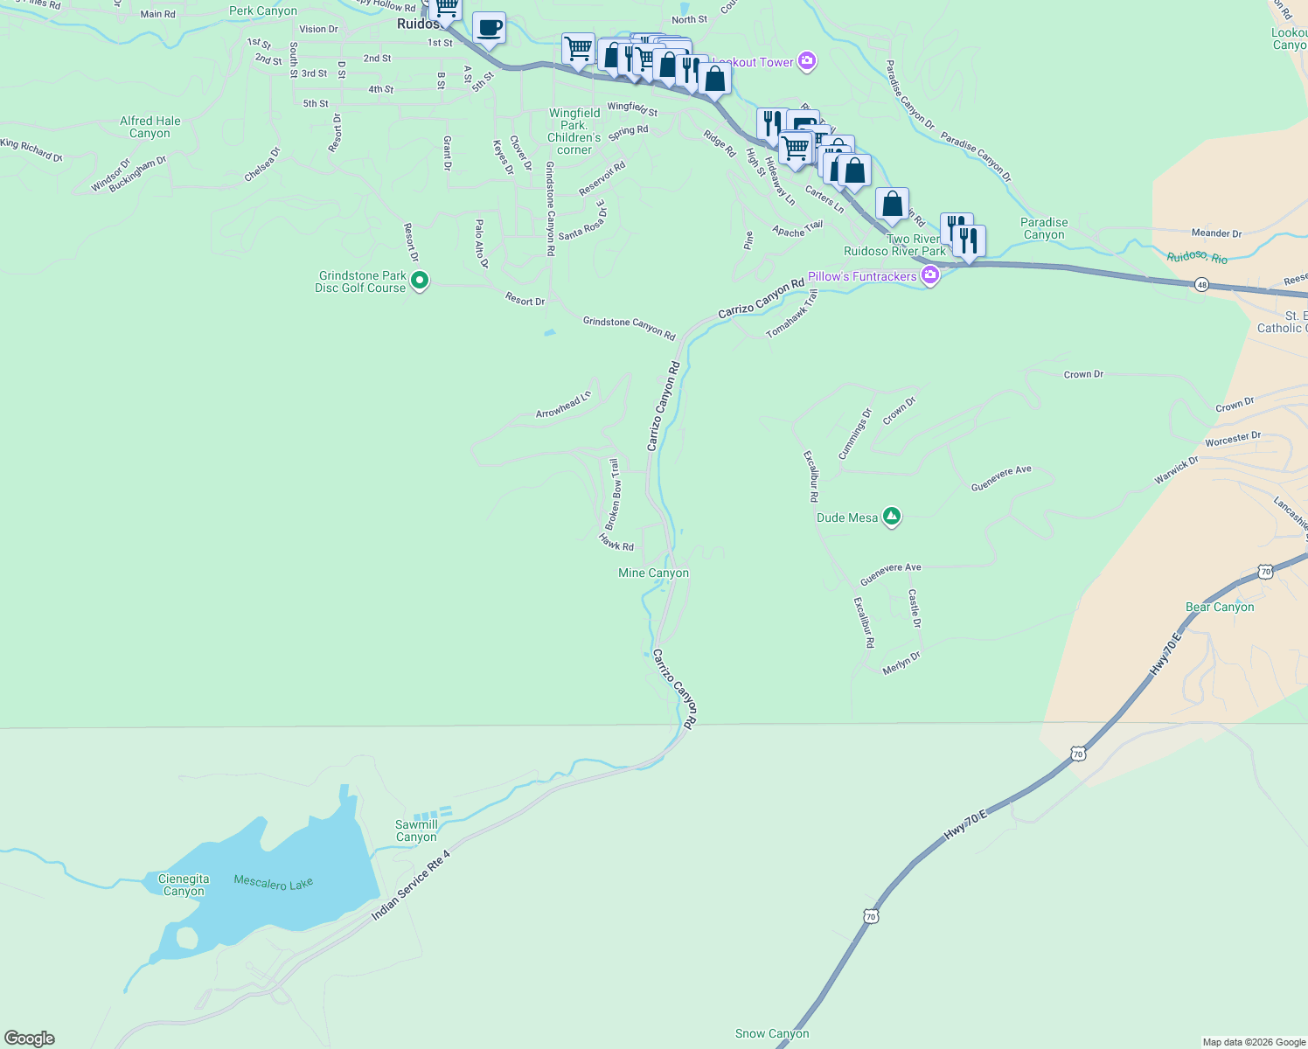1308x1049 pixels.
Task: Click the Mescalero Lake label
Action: [273, 883]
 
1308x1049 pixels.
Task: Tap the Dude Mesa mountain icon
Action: [892, 517]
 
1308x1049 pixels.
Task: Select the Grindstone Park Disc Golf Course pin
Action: [420, 281]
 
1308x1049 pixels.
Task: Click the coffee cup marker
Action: [490, 27]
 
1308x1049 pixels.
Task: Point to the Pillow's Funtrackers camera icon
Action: [929, 276]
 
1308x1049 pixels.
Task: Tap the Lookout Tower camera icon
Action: [807, 62]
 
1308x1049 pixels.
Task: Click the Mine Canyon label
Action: [653, 573]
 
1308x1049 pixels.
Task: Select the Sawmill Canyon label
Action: [416, 830]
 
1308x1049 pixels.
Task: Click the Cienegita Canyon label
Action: [184, 885]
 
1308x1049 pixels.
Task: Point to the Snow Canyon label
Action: [772, 1033]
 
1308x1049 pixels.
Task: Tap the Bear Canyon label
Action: [1220, 607]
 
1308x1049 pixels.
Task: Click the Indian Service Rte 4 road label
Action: [411, 885]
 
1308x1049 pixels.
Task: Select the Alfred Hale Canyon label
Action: [150, 127]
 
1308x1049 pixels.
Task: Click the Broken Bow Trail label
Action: [613, 495]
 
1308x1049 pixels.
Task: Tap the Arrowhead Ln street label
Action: [564, 404]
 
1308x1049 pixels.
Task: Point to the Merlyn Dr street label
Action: [901, 663]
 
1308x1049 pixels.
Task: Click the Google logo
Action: [29, 1039]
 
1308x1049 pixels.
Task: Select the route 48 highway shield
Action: [1202, 285]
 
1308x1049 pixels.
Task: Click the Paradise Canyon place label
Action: [1044, 228]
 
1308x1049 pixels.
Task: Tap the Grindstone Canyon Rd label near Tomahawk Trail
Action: [630, 328]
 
